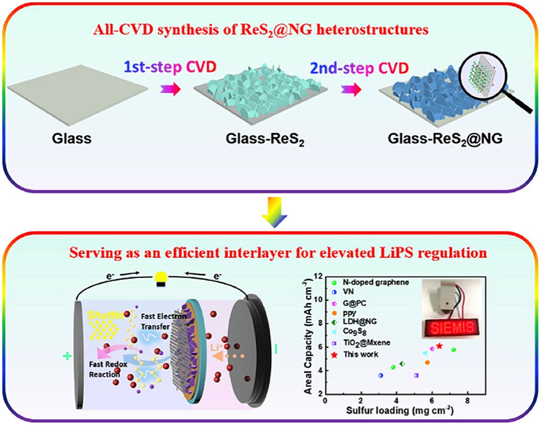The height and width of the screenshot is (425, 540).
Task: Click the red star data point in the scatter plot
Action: [x=439, y=346]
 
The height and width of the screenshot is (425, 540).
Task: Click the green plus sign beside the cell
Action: [x=66, y=355]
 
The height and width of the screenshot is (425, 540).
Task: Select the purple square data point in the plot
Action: [x=416, y=375]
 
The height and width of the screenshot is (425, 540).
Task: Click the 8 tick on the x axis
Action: [x=468, y=401]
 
